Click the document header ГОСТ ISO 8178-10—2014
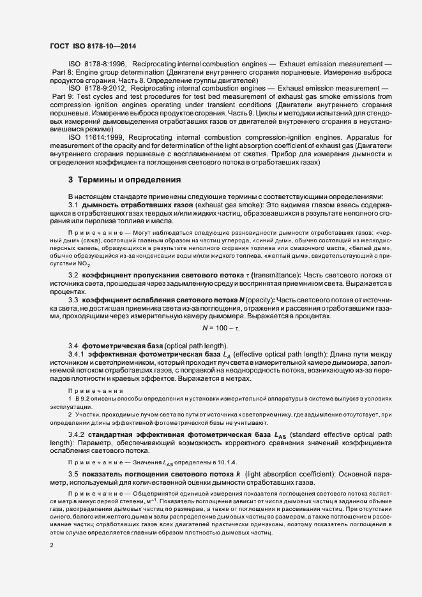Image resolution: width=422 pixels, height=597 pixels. pos(93,47)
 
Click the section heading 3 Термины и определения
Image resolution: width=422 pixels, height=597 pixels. pos(124,179)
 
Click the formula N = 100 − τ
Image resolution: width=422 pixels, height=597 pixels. pos(221,328)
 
